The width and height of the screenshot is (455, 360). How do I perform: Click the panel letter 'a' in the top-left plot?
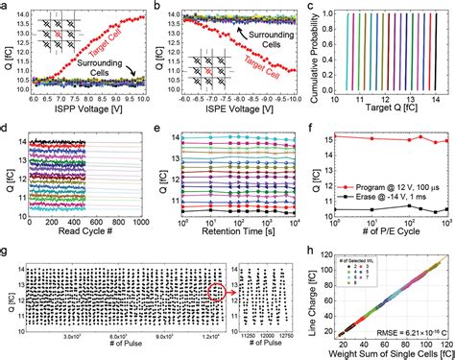(7, 7)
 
